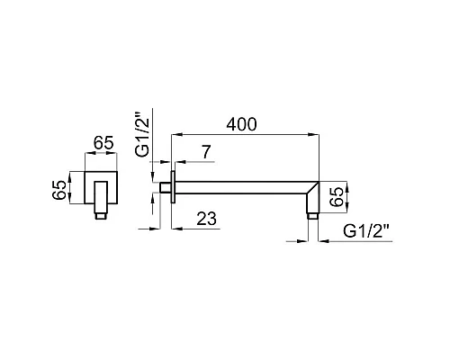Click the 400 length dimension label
pyautogui.click(x=241, y=124)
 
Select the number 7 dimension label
pyautogui.click(x=206, y=152)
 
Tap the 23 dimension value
pyautogui.click(x=206, y=219)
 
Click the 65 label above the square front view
pyautogui.click(x=103, y=143)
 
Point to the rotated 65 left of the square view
pyautogui.click(x=59, y=190)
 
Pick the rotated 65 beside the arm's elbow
pyautogui.click(x=337, y=197)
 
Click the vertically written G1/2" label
pyautogui.click(x=142, y=134)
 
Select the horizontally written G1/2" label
pyautogui.click(x=365, y=231)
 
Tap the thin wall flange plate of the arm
pyautogui.click(x=173, y=187)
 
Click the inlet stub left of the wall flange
pyautogui.click(x=166, y=187)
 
